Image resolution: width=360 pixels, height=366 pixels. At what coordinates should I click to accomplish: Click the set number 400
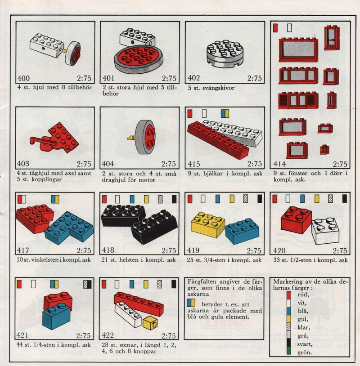[x=23, y=78]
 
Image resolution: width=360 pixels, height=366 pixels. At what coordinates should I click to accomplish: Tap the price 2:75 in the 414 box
[x=340, y=164]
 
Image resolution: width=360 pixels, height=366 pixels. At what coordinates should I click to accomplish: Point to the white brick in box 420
[x=325, y=231]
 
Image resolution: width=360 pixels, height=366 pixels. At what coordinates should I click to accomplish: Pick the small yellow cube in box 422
[x=150, y=322]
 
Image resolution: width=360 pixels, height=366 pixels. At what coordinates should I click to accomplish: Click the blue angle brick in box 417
[x=69, y=228]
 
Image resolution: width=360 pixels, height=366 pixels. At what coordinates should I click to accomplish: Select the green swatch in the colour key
[x=289, y=351]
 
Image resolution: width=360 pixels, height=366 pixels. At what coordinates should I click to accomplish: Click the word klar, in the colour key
[x=304, y=327]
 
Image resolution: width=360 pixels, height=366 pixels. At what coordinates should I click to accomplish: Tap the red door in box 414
[x=332, y=38]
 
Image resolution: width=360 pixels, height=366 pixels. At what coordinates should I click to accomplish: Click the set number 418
[x=108, y=250]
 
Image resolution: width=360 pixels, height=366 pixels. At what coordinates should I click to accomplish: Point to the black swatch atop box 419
[x=260, y=199]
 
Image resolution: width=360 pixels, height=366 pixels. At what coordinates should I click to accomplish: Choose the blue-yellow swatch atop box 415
[x=225, y=113]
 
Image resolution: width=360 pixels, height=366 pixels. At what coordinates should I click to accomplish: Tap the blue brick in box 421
[x=56, y=316]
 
